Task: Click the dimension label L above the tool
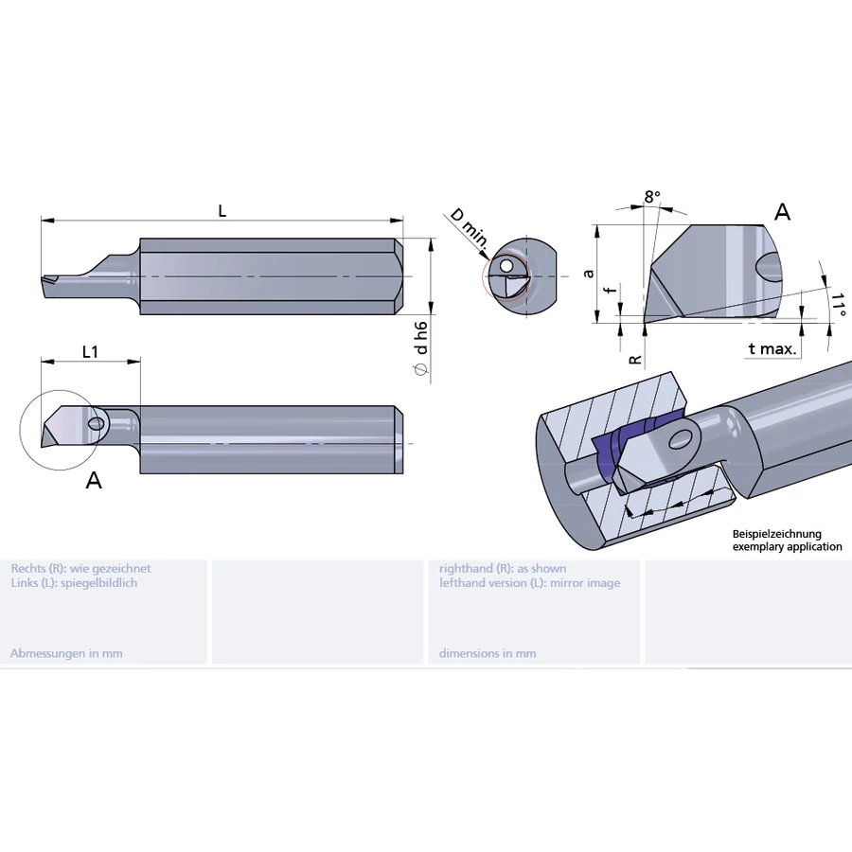(222, 211)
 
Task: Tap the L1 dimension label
(90, 351)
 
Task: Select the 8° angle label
(651, 197)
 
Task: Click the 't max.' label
(772, 349)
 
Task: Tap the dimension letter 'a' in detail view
(589, 273)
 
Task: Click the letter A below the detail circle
(94, 481)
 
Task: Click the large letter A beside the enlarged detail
(782, 211)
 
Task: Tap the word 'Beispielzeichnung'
(776, 535)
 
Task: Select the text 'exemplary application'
(787, 547)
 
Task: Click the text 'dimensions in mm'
(488, 653)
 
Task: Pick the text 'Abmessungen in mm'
(66, 653)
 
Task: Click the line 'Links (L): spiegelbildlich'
(74, 583)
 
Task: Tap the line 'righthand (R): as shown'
(503, 569)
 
